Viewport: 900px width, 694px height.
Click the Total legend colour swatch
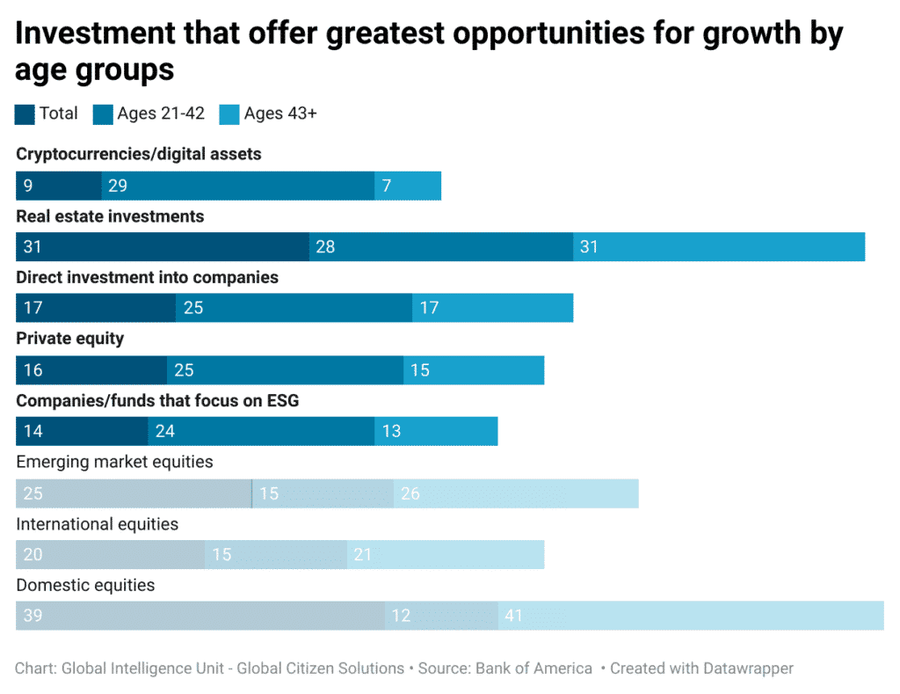[x=25, y=114]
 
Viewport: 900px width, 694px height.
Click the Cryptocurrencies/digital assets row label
[x=139, y=155]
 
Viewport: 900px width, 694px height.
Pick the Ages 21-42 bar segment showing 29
[x=237, y=186]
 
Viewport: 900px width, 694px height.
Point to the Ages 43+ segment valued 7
[x=408, y=186]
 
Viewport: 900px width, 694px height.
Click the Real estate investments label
[x=110, y=216]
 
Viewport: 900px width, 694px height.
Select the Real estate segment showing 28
[x=441, y=247]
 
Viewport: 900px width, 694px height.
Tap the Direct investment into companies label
[x=147, y=278]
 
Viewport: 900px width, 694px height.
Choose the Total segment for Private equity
[x=91, y=370]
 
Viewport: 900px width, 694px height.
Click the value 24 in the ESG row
[x=165, y=432]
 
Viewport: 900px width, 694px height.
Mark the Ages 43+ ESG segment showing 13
[x=436, y=432]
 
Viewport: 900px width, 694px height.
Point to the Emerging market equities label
[x=114, y=462]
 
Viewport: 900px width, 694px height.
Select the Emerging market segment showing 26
[x=516, y=493]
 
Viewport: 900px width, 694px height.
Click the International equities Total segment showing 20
[x=110, y=555]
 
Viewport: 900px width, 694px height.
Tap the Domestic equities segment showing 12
[x=441, y=616]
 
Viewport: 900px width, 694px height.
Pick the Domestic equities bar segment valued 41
[x=690, y=616]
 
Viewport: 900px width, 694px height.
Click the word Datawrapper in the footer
[x=746, y=668]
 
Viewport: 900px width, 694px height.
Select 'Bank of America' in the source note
[x=533, y=668]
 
